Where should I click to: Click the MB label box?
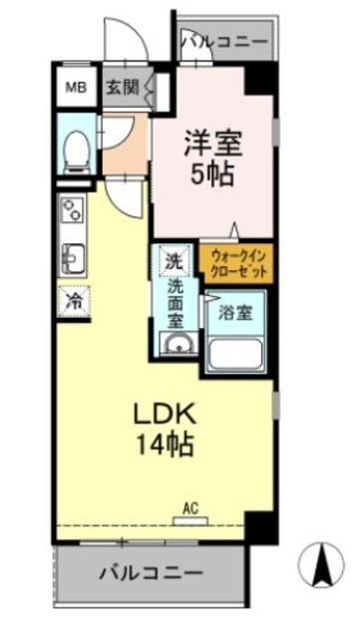[76, 87]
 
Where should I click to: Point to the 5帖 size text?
[211, 174]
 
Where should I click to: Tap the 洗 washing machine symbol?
[174, 262]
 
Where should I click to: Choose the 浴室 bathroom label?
[235, 311]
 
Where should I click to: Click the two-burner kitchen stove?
[73, 210]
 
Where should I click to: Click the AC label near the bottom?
[189, 508]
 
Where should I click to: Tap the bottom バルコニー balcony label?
[152, 573]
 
